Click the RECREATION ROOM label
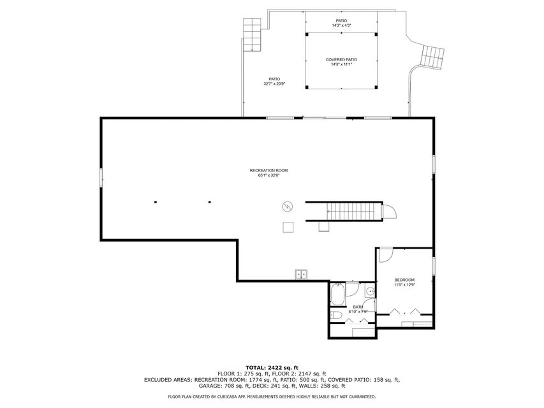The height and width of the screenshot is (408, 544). coord(268,170)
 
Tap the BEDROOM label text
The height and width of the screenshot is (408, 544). coord(404,280)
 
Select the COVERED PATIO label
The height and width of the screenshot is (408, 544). coord(341,59)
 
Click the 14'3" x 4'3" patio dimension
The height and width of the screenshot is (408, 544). coord(341,25)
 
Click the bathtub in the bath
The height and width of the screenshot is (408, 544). coord(337,295)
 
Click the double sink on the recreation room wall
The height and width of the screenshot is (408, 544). coord(301,275)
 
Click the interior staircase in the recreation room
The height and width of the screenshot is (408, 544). coord(344,211)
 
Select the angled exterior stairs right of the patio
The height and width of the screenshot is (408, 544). coord(434,58)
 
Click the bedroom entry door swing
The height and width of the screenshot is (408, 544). coord(385,255)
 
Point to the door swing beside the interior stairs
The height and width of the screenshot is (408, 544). coord(389,211)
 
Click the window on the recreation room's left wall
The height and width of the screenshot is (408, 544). coord(101,178)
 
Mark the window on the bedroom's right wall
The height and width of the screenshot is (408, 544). coord(434,265)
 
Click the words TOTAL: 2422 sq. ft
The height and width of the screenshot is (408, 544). coord(272,368)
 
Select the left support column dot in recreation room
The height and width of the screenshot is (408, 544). coord(155,203)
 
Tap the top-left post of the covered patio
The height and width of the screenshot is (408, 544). coord(305,33)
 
